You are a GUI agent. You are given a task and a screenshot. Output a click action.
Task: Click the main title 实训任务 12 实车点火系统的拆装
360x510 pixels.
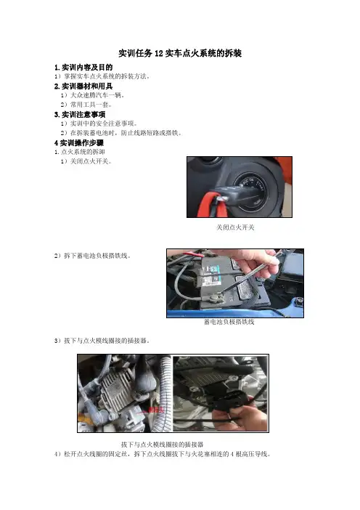point(180,53)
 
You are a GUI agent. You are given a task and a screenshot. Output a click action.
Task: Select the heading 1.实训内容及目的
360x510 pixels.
point(83,68)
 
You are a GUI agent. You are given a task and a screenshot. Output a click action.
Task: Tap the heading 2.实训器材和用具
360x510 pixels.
point(83,86)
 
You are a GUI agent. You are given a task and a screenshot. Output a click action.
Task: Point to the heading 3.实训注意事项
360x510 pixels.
point(80,115)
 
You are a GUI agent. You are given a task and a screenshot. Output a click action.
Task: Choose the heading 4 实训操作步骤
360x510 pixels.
point(79,143)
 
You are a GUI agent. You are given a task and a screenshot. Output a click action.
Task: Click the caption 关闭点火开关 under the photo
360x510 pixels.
point(235,227)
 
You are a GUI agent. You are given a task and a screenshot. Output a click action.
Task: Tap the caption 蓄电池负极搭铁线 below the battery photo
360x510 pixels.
point(229,322)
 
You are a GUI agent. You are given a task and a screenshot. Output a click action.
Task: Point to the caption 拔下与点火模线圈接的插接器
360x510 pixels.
point(162,445)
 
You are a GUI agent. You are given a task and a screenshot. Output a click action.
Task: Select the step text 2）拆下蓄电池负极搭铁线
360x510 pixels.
point(93,256)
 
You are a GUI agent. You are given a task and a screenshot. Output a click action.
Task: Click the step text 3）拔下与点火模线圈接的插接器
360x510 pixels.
point(102,341)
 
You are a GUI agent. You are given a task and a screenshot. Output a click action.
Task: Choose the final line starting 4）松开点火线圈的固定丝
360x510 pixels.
point(163,454)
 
